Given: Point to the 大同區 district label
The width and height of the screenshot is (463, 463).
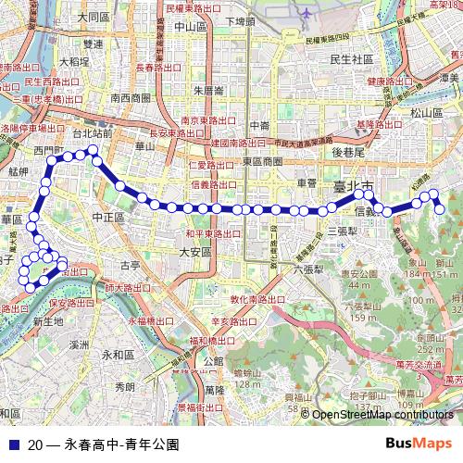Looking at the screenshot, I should coord(94,17).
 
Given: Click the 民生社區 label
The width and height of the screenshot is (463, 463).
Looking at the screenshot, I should coord(351,59).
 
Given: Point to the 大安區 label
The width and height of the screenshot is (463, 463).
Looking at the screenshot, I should coord(195,252).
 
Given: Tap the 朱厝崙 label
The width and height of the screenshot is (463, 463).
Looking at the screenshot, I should coord(209,91).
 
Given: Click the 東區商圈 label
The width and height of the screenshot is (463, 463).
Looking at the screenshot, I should coord(262,160).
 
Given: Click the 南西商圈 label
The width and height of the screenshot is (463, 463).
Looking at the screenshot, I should coord(130,97).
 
